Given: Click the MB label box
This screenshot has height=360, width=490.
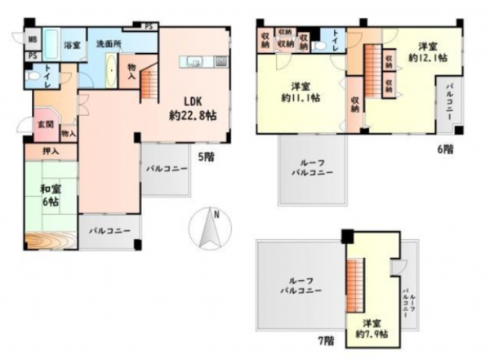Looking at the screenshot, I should click(31, 39).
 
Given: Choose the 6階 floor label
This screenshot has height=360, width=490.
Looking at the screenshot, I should click(444, 150).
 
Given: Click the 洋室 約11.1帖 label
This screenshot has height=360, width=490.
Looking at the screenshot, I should click(301, 91).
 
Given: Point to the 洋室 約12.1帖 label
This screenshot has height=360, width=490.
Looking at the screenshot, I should click(428, 51).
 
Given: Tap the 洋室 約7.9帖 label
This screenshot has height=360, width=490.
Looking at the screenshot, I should click(372, 327).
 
